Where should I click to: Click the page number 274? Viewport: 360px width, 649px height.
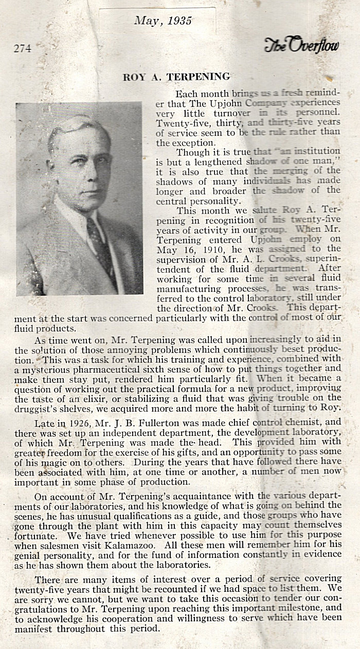pos(22,49)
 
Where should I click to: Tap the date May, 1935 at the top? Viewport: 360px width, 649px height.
pos(163,21)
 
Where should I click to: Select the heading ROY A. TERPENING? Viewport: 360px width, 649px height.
pos(176,77)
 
